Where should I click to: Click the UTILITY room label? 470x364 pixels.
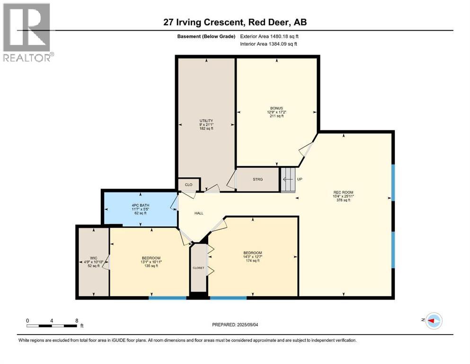point(206,120)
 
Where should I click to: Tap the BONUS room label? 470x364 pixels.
point(277,108)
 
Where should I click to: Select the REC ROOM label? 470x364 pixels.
point(344,192)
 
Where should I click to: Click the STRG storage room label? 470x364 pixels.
point(257,179)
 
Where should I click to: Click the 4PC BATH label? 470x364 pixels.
point(139,205)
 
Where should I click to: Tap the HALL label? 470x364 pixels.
point(199,213)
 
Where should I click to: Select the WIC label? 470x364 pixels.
point(93,258)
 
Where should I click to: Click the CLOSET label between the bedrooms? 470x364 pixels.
point(198,268)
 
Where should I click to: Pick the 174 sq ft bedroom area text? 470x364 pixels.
point(253,261)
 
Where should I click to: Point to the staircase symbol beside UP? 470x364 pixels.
point(287,180)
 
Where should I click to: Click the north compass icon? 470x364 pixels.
point(433,321)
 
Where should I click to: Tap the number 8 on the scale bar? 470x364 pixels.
point(77,320)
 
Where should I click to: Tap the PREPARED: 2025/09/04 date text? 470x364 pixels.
point(239,325)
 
